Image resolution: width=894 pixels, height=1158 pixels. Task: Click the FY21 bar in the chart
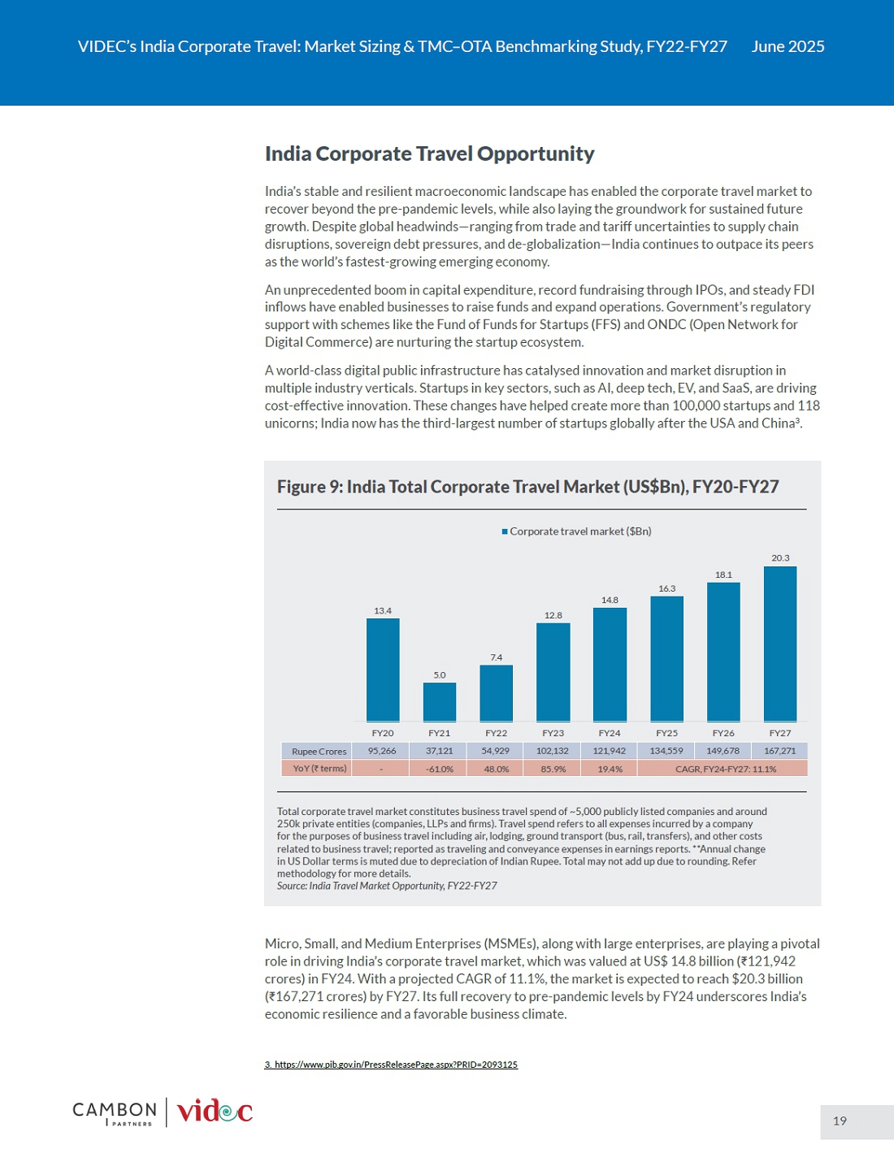pyautogui.click(x=440, y=701)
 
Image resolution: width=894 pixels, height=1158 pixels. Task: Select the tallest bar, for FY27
pyautogui.click(x=780, y=644)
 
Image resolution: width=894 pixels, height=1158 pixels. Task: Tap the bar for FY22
pyautogui.click(x=496, y=693)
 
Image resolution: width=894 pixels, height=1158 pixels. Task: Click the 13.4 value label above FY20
pyautogui.click(x=383, y=611)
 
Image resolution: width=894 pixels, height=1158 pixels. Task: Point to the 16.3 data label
pyautogui.click(x=666, y=588)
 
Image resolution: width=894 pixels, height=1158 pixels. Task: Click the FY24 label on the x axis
pyautogui.click(x=610, y=733)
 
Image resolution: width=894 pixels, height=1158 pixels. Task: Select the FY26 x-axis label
pyautogui.click(x=723, y=733)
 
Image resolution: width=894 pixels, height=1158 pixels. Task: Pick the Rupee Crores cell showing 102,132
pyautogui.click(x=553, y=750)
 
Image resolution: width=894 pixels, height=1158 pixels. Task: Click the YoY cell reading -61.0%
pyautogui.click(x=439, y=769)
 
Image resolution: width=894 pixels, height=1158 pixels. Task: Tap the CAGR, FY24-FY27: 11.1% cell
pyautogui.click(x=723, y=769)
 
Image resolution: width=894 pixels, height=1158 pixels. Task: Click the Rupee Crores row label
pyautogui.click(x=319, y=751)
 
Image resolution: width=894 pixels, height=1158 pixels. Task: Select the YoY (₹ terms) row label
pyautogui.click(x=319, y=769)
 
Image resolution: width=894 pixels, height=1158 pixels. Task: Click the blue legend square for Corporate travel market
pyautogui.click(x=505, y=531)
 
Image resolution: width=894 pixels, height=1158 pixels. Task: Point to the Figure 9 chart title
pyautogui.click(x=527, y=487)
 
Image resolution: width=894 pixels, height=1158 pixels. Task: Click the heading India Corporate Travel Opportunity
pyautogui.click(x=429, y=154)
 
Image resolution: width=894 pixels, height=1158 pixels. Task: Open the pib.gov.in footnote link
pyautogui.click(x=391, y=1065)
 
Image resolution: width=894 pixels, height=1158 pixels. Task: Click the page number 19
pyautogui.click(x=840, y=1120)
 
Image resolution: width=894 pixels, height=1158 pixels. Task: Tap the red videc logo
pyautogui.click(x=215, y=1111)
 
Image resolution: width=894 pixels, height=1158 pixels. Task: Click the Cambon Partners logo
pyautogui.click(x=115, y=1112)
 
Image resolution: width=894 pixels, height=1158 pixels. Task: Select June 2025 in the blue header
pyautogui.click(x=788, y=46)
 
